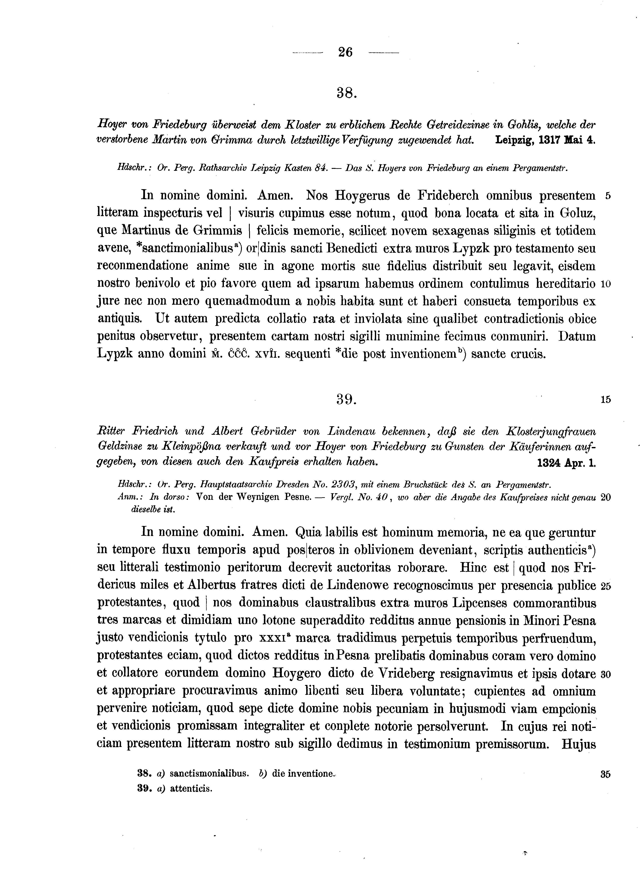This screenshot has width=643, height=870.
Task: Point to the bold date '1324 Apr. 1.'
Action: coord(566,463)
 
